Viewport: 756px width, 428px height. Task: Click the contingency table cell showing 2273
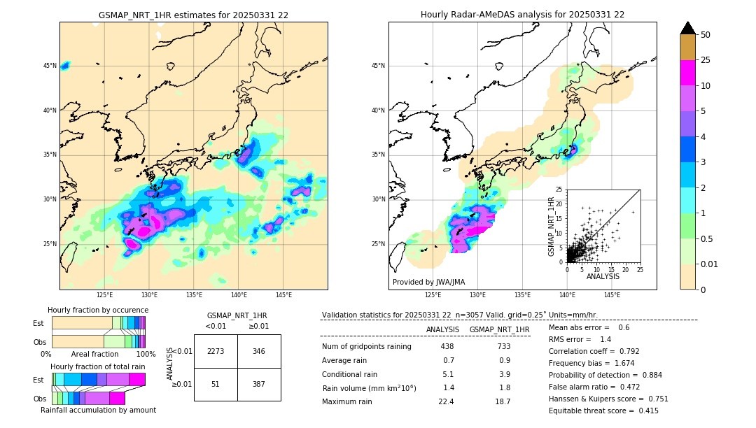[216, 351]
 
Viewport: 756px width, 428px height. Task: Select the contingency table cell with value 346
[259, 351]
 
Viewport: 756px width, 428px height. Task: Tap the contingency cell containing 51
[216, 384]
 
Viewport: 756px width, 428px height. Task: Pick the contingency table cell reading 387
[259, 384]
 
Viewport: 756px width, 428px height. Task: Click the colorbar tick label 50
[706, 35]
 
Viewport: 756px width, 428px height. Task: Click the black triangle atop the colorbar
[687, 28]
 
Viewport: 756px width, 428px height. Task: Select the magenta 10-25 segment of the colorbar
[687, 73]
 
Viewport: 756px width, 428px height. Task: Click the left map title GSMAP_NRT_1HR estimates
[193, 15]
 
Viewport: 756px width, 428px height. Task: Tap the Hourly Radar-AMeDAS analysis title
[522, 15]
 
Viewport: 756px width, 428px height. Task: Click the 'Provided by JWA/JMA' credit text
[428, 282]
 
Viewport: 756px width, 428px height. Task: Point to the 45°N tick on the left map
[50, 66]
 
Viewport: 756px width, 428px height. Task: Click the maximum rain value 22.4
[447, 401]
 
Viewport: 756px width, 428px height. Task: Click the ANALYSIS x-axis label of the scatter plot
[603, 276]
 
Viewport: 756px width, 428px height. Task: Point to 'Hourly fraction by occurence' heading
[98, 310]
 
